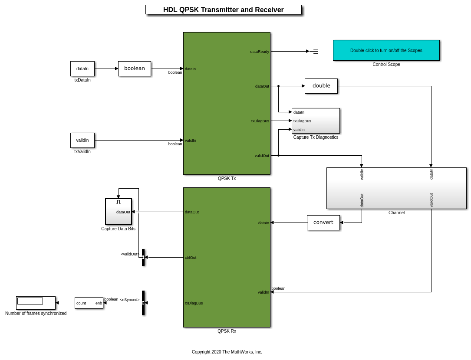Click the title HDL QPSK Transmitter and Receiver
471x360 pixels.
click(x=223, y=10)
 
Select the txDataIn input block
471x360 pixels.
click(x=82, y=69)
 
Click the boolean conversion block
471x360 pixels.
click(x=135, y=69)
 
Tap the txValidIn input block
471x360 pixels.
click(x=82, y=140)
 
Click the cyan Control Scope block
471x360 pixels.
click(x=386, y=50)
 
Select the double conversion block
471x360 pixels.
click(x=321, y=86)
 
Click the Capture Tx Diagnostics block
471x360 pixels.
click(x=316, y=121)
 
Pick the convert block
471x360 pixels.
click(x=323, y=223)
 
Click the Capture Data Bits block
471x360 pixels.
click(x=119, y=212)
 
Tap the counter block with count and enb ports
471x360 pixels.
click(x=89, y=303)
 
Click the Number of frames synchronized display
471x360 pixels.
click(x=36, y=303)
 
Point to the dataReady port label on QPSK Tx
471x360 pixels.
click(x=260, y=52)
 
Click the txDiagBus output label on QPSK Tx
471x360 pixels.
click(x=260, y=121)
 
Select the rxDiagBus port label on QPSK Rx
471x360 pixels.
click(x=194, y=303)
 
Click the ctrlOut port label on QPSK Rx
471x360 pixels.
click(x=191, y=258)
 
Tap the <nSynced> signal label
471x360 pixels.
click(x=130, y=300)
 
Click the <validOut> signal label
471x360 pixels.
click(x=130, y=254)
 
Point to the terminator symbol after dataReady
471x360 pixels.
click(x=316, y=51)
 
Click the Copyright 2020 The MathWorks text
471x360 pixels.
click(x=227, y=352)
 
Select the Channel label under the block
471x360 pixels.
click(x=396, y=213)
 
